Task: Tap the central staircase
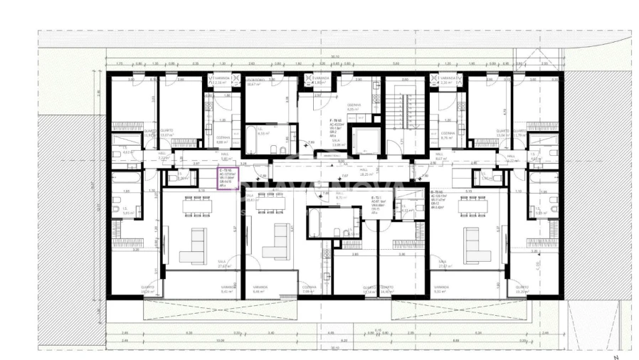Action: pos(405,113)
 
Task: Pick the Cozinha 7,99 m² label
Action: pos(307,290)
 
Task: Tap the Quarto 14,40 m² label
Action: pos(387,290)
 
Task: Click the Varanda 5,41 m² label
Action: pos(228,290)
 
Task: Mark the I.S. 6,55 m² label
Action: pos(263,132)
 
